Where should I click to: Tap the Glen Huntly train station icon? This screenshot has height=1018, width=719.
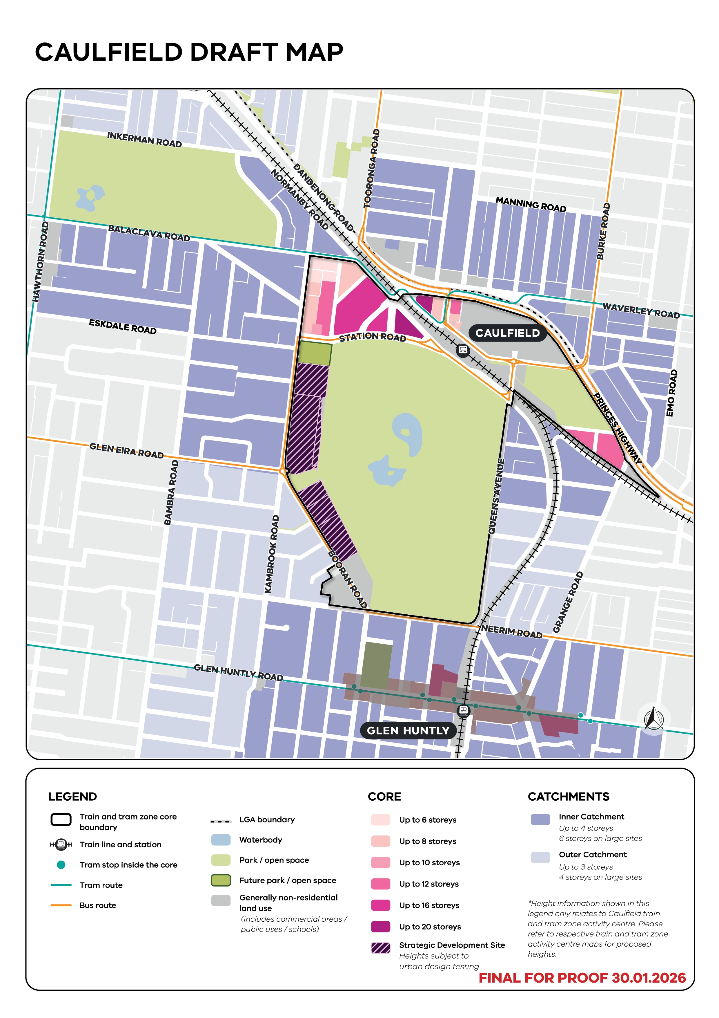463,710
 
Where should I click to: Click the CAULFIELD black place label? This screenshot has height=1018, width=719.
507,333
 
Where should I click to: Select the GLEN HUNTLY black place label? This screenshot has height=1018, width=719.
408,730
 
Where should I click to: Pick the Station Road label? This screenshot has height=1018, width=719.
372,337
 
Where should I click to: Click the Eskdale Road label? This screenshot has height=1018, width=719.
123,326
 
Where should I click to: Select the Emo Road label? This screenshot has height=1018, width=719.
672,393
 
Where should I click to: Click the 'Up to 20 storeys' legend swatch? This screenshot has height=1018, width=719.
381,926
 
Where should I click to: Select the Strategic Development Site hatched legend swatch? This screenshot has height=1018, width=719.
381,947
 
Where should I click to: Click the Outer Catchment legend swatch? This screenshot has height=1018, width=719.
540,857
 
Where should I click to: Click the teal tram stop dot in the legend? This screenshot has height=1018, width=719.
61,864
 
